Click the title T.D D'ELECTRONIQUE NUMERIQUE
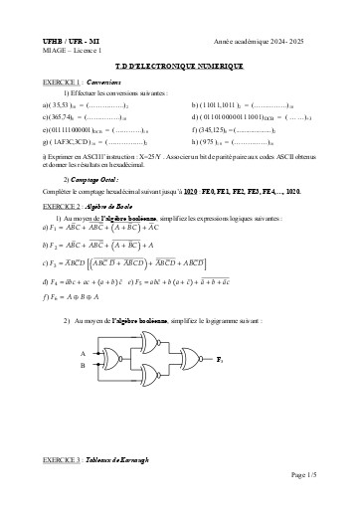point(179,65)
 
